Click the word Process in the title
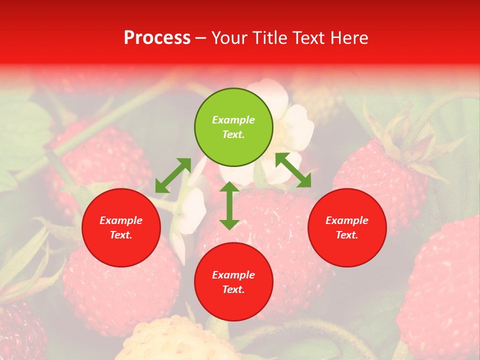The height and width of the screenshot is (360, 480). (x=157, y=38)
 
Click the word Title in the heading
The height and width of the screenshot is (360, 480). (x=267, y=38)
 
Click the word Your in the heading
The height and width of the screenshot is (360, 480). (x=230, y=38)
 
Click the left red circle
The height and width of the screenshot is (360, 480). (x=121, y=227)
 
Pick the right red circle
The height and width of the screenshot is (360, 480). (x=347, y=227)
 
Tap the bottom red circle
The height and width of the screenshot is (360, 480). (x=233, y=282)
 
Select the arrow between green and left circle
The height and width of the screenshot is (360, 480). (x=173, y=175)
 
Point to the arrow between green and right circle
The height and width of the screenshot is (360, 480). (x=293, y=170)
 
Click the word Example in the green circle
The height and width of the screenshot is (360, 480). (x=233, y=120)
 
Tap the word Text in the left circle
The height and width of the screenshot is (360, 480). (x=121, y=235)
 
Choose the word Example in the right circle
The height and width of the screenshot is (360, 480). (x=347, y=220)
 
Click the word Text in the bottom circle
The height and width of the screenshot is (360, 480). (x=233, y=289)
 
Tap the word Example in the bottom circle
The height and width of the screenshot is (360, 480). (x=233, y=275)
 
